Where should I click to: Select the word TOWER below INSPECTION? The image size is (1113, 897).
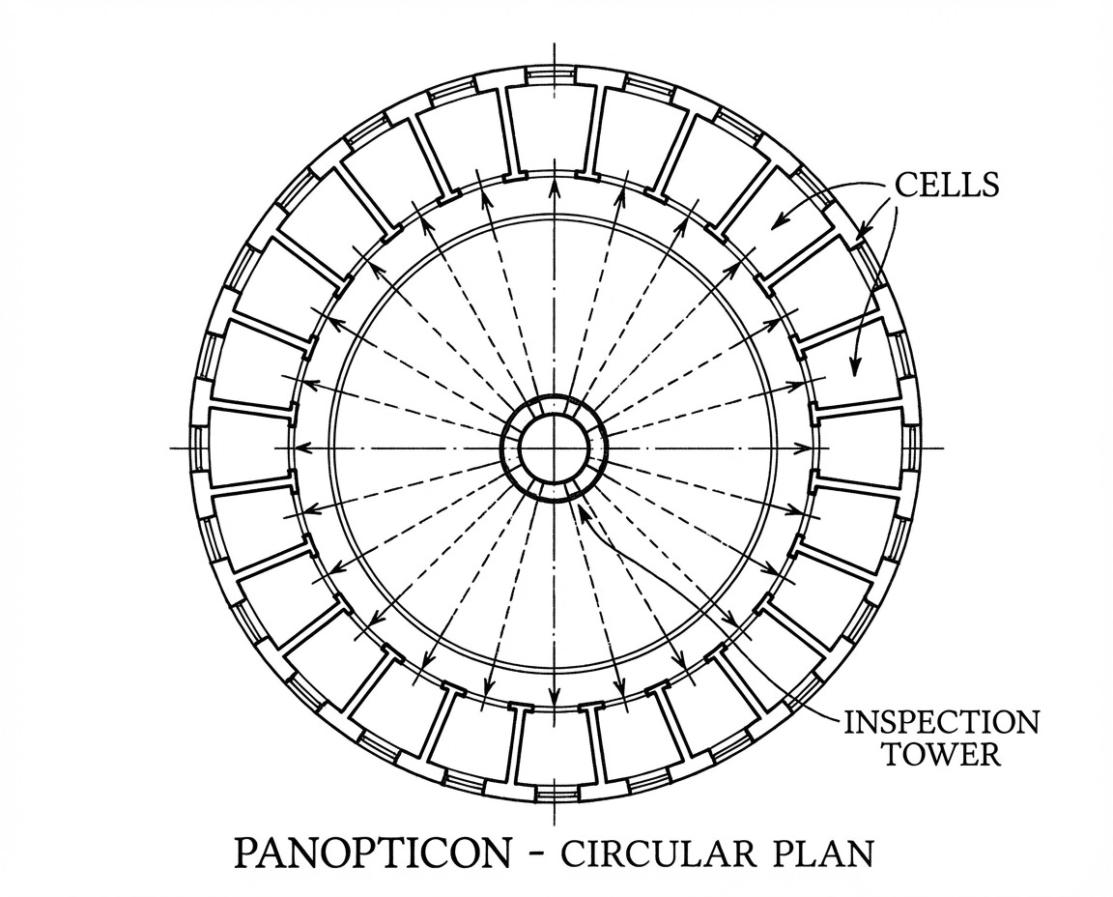click(942, 754)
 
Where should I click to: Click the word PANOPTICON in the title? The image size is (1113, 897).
click(373, 854)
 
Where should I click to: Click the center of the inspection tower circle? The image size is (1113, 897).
click(554, 448)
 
